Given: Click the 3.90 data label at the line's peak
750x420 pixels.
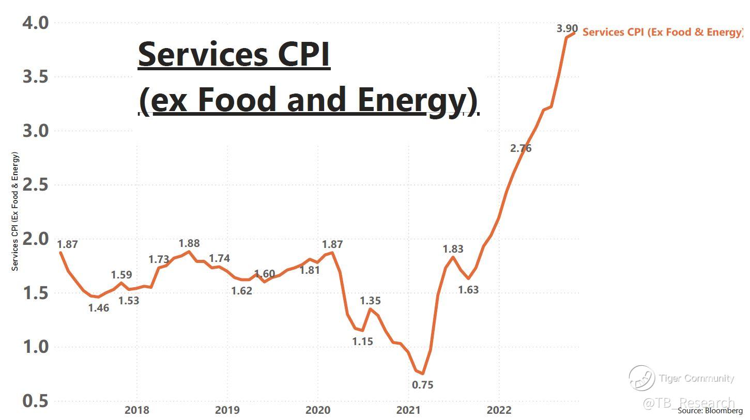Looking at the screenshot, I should pos(567,28).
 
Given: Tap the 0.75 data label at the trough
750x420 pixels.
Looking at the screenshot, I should pos(422,385).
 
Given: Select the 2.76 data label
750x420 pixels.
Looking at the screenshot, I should pos(521,148).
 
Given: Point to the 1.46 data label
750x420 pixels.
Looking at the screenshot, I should pos(99,309).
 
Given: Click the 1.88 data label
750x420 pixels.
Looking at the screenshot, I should pos(189,243).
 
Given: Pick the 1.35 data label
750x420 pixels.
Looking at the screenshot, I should pos(370,301).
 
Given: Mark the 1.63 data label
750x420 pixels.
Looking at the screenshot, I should pos(468,290).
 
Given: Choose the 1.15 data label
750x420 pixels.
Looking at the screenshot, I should pos(362,341).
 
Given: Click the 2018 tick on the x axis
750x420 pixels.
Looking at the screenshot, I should pos(136,410).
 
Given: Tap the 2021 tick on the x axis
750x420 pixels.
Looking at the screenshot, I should pos(408,410).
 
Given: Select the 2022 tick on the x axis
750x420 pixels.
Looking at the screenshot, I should pos(499,410).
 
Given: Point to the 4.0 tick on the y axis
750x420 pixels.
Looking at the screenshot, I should pos(35,23).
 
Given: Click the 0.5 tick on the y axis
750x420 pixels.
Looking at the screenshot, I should pos(35,401).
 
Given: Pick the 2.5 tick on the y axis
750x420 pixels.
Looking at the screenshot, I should pos(35,185).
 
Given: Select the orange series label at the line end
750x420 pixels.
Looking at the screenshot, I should pos(663,32).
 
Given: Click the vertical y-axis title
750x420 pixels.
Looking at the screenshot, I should pos(15,211).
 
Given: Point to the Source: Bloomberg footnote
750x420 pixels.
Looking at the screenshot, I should pos(710,411).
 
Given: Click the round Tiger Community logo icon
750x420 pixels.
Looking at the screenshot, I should pos(641,378).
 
